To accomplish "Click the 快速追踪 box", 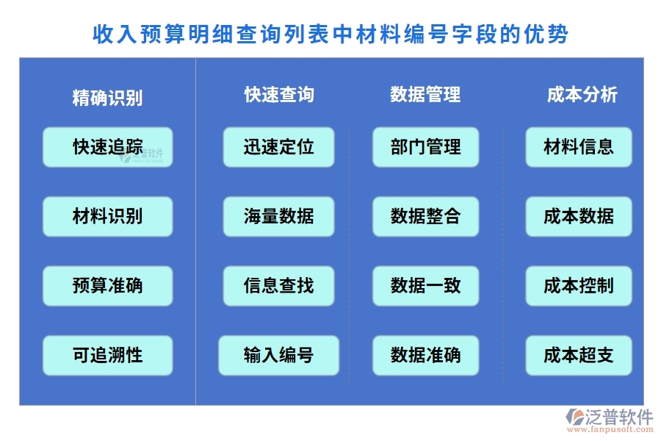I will click(107, 147).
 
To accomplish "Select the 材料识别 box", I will click(107, 216).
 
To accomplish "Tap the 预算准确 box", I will click(107, 286).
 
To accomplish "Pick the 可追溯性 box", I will click(107, 356).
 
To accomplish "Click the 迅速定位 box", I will click(278, 147).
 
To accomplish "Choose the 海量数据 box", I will click(278, 216).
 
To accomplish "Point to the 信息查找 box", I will click(278, 286).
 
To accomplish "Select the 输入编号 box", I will click(278, 356).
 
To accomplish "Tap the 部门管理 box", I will click(425, 147).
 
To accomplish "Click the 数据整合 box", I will click(425, 216).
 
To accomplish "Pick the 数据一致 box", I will click(425, 286).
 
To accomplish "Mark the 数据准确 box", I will click(425, 356).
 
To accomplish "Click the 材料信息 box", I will click(578, 147).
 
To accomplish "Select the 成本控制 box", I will click(578, 286).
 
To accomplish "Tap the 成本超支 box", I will click(578, 356).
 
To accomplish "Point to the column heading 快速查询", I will click(279, 95).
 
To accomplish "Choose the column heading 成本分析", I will click(582, 95).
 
